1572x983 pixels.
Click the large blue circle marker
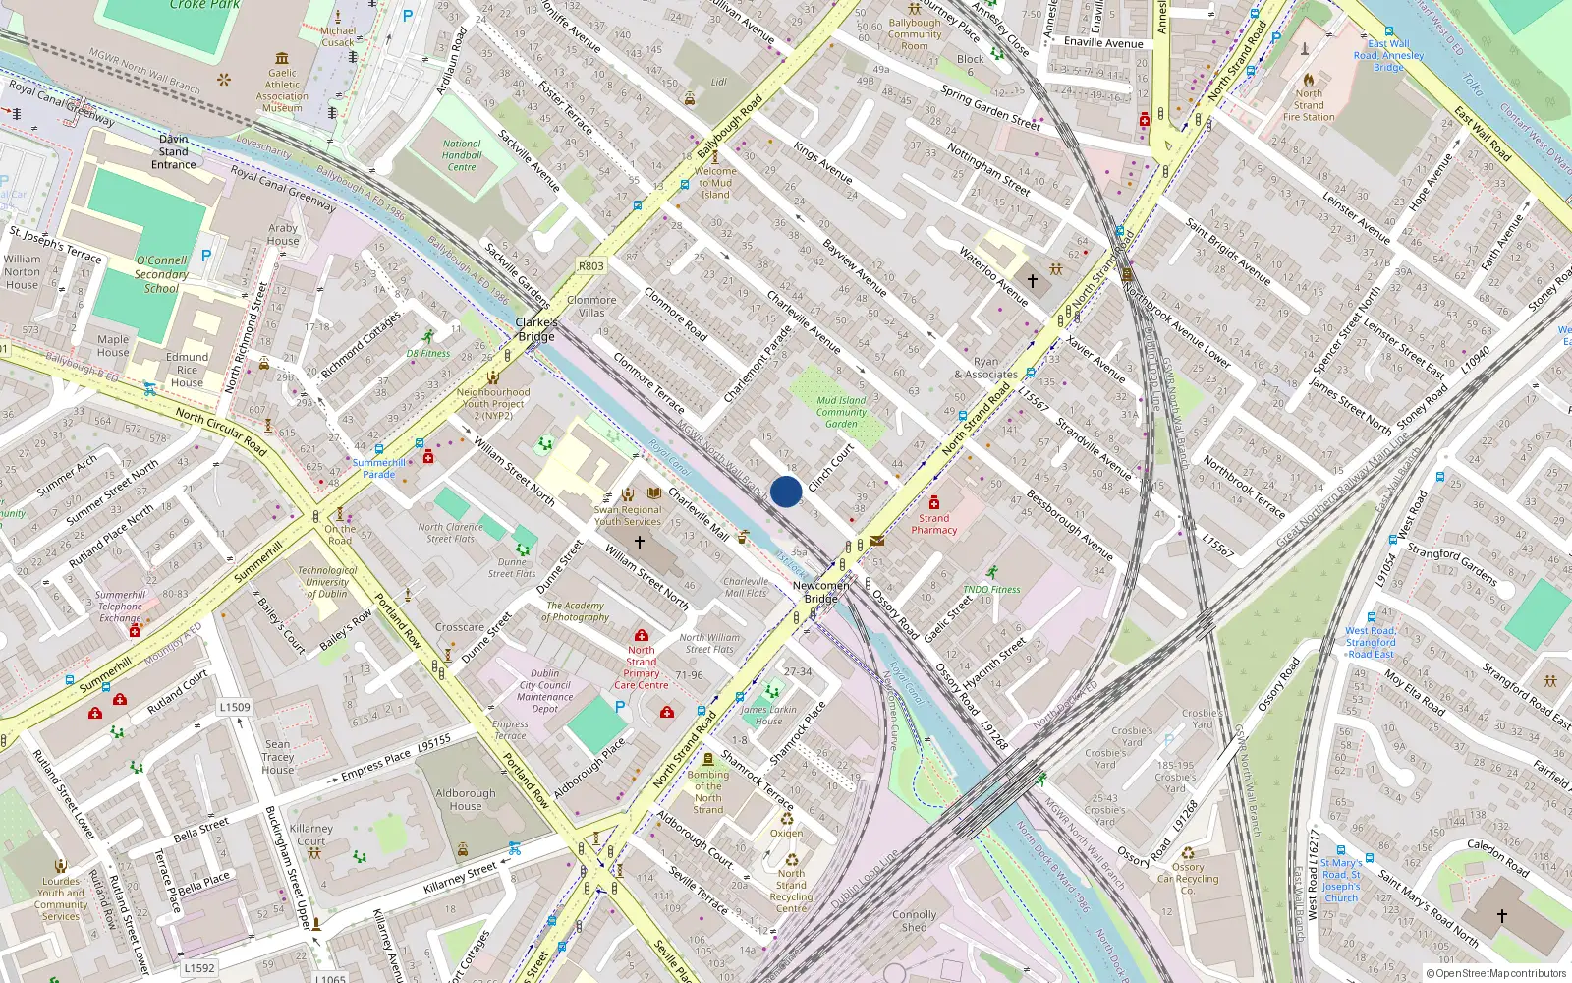point(786,491)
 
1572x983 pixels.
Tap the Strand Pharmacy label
point(933,524)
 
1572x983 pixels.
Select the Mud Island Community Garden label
point(841,412)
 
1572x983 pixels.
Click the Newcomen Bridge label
point(820,592)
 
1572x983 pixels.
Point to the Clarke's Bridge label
point(536,329)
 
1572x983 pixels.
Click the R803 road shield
point(591,265)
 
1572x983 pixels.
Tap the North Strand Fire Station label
point(1309,105)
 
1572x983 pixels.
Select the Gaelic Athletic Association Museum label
point(282,90)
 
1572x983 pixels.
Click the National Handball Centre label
point(462,155)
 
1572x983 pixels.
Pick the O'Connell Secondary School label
point(161,274)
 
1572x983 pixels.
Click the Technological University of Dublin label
point(327,582)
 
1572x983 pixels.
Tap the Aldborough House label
point(466,799)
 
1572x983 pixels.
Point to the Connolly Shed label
point(914,921)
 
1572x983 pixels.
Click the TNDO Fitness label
point(991,589)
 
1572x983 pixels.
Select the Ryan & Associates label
point(985,368)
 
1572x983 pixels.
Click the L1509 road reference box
point(235,707)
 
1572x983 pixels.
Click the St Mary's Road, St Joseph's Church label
point(1341,881)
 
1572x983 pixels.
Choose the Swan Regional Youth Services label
point(628,515)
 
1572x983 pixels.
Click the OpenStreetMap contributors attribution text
point(1495,974)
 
